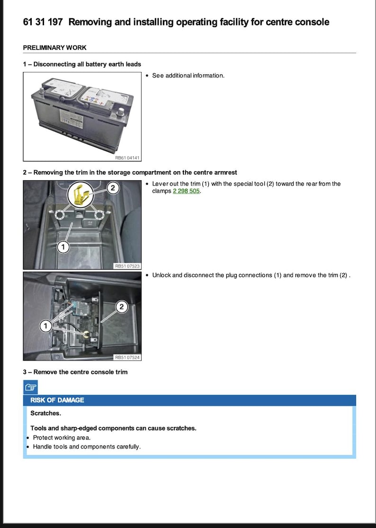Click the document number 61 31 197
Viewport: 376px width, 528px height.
click(43, 22)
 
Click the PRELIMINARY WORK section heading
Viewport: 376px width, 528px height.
click(54, 48)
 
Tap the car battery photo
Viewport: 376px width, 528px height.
click(81, 113)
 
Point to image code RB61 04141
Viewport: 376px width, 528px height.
click(127, 158)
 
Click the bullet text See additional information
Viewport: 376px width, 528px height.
click(188, 75)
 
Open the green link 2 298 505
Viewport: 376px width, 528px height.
click(187, 191)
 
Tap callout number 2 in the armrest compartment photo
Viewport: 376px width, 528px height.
click(113, 188)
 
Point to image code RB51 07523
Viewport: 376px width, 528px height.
click(127, 266)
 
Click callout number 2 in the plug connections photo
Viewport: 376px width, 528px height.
click(122, 307)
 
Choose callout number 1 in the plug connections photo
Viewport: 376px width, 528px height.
click(45, 326)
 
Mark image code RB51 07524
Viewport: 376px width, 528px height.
click(127, 358)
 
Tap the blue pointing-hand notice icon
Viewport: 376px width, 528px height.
click(30, 387)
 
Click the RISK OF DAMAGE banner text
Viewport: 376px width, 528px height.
click(57, 400)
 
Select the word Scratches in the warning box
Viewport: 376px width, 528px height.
click(45, 413)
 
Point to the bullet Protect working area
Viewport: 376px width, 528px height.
click(62, 437)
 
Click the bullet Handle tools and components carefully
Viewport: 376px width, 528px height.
click(87, 446)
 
